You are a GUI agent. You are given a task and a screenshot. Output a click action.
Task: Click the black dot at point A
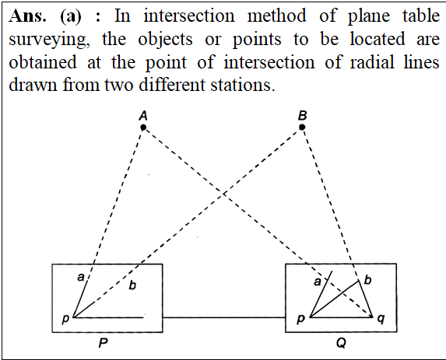143,128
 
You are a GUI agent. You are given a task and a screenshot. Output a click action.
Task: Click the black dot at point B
302,127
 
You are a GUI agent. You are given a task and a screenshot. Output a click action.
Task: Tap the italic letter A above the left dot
143,116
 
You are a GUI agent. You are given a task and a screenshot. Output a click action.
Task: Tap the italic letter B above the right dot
302,116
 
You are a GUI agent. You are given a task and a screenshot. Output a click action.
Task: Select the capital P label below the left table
103,343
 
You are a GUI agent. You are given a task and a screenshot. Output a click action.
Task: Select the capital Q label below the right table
341,343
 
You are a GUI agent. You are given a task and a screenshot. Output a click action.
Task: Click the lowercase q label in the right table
381,319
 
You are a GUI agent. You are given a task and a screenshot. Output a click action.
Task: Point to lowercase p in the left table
65,319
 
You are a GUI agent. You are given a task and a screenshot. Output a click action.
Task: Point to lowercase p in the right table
301,319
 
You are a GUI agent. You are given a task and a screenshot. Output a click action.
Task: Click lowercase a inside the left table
81,277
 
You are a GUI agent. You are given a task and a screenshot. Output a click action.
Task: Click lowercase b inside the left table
132,285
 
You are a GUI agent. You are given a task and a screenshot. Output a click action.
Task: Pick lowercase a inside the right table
317,281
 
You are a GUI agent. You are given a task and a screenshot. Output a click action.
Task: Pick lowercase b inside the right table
367,280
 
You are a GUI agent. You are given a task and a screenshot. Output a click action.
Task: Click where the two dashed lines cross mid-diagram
224,194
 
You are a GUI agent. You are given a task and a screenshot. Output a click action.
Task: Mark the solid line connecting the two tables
224,317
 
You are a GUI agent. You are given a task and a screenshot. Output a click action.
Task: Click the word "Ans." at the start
27,16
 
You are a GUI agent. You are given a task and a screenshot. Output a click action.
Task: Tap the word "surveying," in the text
50,40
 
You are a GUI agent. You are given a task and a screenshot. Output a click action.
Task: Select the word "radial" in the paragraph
372,62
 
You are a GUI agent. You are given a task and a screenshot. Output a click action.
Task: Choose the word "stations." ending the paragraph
243,85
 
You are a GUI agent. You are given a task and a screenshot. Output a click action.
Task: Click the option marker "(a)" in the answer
71,16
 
